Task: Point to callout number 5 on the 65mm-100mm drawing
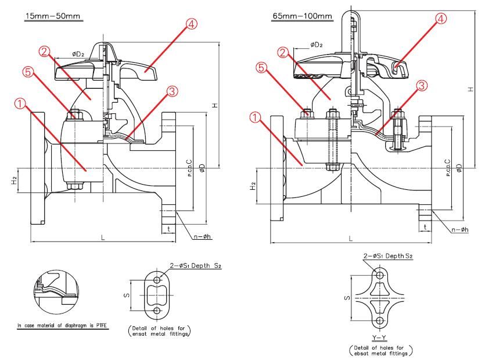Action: pyautogui.click(x=262, y=67)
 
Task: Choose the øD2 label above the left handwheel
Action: pyautogui.click(x=80, y=54)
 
